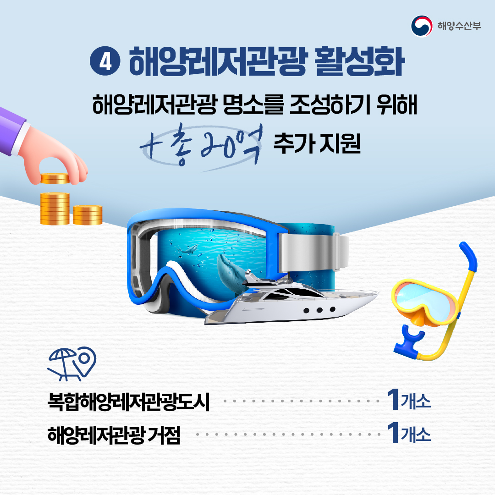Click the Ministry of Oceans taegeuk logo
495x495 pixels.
pos(421,26)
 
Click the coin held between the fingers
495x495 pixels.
pos(54,178)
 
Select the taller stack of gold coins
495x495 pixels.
pos(55,209)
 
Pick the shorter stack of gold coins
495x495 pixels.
pos(88,215)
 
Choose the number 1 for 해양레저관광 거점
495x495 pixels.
pos(393,433)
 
